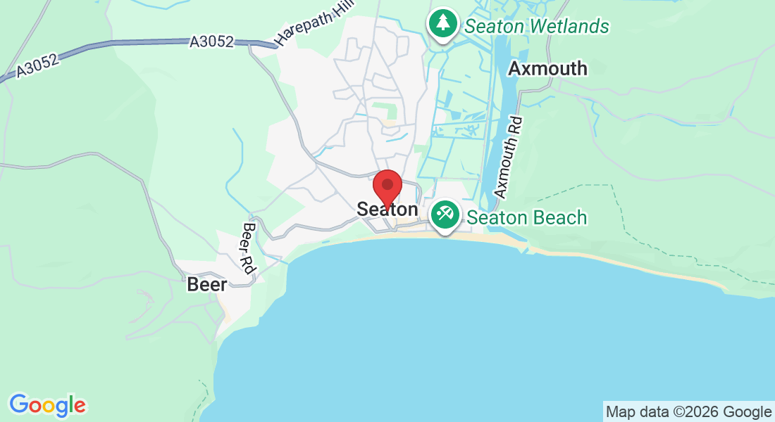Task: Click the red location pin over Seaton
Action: (x=387, y=186)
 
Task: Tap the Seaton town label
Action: (x=387, y=210)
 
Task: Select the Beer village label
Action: (x=207, y=285)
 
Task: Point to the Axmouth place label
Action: (x=547, y=68)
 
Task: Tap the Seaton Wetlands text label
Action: (x=536, y=27)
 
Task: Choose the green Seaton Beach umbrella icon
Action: (x=445, y=213)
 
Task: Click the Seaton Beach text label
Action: (x=526, y=217)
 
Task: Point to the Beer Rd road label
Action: (x=248, y=248)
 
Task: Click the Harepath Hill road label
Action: (x=304, y=28)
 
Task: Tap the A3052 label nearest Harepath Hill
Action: (x=211, y=42)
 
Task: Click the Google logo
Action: (x=47, y=405)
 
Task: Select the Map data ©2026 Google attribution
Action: (x=688, y=412)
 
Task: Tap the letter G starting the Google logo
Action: (x=18, y=404)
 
